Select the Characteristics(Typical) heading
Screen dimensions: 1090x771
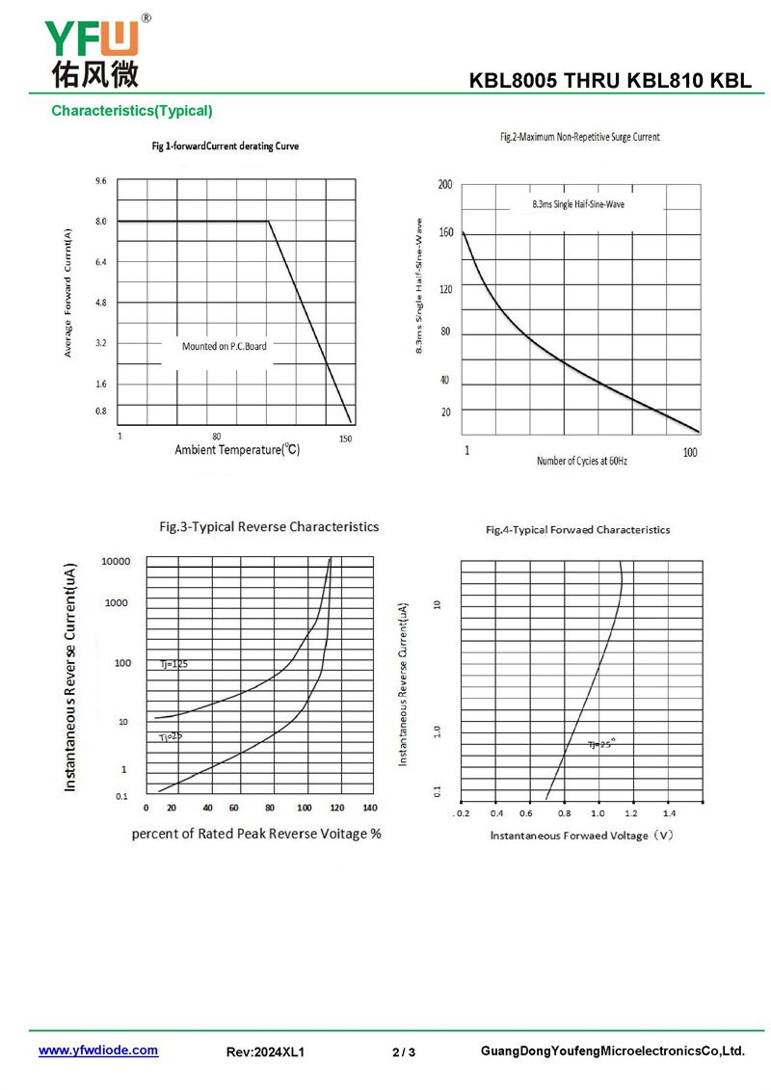[132, 111]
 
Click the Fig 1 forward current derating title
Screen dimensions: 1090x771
[226, 146]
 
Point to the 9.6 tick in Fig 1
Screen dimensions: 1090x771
[101, 181]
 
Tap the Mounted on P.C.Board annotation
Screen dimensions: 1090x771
[225, 345]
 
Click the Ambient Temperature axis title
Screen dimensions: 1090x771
[237, 450]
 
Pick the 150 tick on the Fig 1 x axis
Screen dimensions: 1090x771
[346, 439]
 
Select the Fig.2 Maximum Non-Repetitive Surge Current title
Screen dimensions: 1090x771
[579, 138]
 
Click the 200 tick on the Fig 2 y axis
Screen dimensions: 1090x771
[445, 184]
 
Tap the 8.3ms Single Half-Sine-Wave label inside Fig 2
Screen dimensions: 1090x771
[578, 204]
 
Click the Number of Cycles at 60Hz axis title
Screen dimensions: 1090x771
[582, 462]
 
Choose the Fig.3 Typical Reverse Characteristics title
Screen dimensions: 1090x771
[269, 527]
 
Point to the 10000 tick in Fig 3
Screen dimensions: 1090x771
[116, 561]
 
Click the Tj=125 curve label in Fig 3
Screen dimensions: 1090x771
[173, 664]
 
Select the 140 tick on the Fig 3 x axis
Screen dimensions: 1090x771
[370, 808]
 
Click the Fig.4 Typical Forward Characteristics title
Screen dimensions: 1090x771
[577, 530]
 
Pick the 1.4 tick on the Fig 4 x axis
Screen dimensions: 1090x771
[669, 813]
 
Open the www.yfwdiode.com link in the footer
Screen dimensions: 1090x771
[98, 1050]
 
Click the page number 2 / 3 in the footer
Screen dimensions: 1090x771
[404, 1051]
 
